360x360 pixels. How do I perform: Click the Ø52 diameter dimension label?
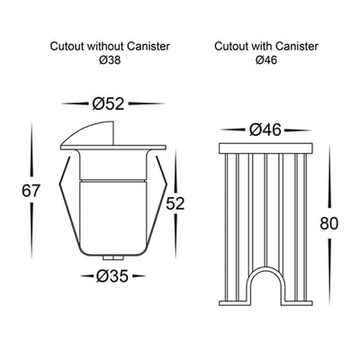point(108,103)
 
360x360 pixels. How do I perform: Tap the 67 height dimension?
point(31,191)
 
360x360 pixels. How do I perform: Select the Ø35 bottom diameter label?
point(112,276)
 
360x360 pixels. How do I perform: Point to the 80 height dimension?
point(329,223)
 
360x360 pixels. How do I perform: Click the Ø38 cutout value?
point(110,60)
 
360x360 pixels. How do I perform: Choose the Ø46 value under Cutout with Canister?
point(266,60)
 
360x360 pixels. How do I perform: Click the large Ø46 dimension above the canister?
point(265,130)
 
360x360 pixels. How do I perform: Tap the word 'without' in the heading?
point(105,47)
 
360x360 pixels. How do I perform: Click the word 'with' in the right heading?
point(262,47)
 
